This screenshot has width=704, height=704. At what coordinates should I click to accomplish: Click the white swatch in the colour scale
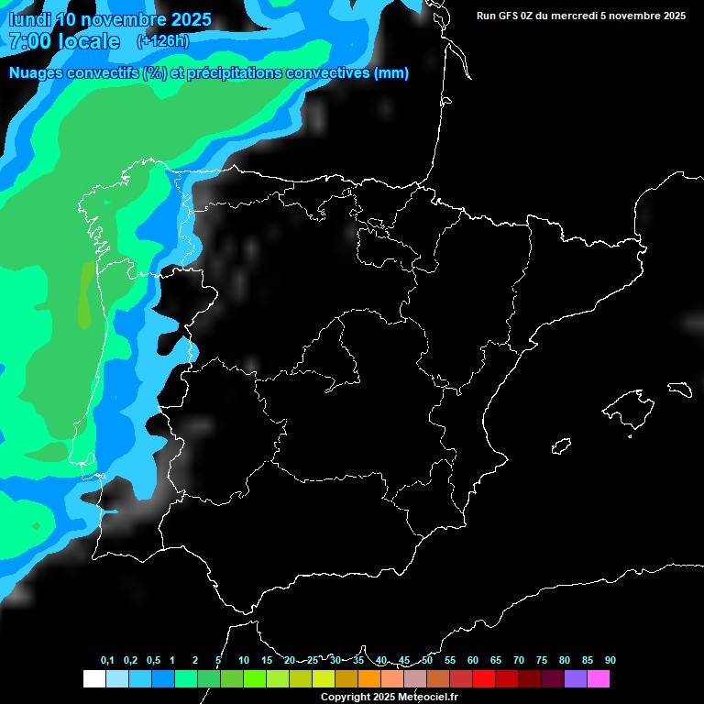tap(93, 679)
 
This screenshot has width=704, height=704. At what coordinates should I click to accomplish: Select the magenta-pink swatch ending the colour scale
tap(599, 679)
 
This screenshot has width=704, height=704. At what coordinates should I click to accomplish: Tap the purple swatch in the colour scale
tap(576, 679)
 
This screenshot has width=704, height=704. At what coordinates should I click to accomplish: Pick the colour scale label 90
tap(610, 661)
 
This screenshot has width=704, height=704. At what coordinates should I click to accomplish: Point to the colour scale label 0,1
tap(107, 661)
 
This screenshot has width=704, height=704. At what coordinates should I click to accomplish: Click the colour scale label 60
tap(473, 661)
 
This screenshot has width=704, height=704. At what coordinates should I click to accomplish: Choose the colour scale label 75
tap(542, 661)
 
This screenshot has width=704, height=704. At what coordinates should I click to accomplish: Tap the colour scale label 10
tap(244, 661)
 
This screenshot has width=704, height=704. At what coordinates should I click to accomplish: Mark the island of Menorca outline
tap(678, 388)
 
